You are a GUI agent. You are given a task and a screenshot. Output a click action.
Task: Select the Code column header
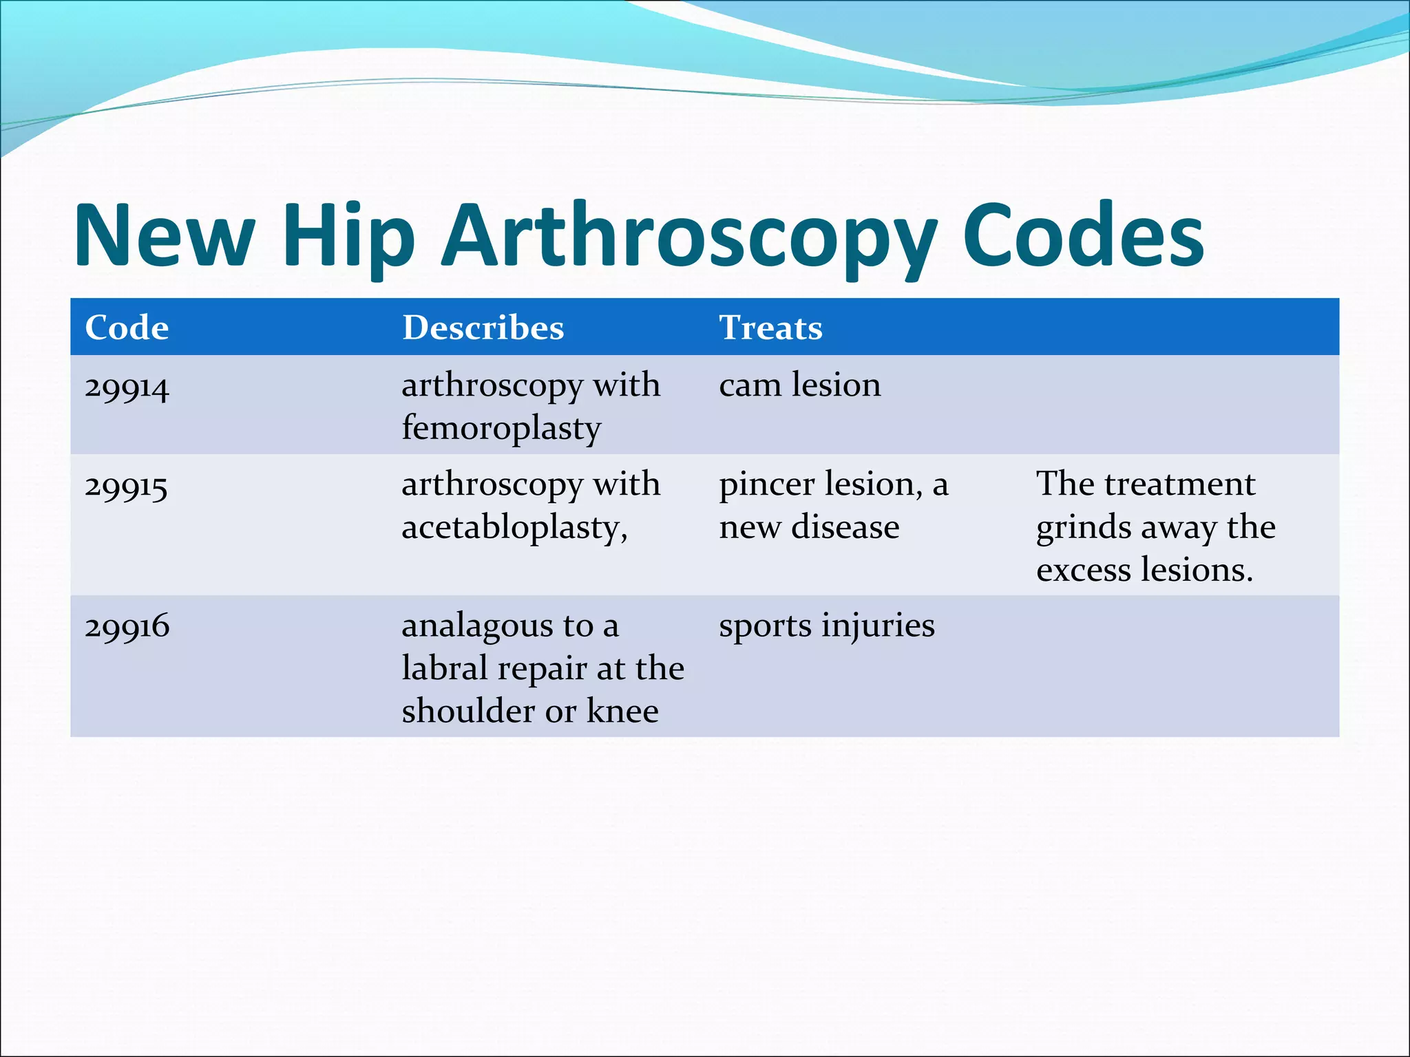pyautogui.click(x=127, y=328)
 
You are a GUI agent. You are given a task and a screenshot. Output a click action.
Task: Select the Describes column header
pyautogui.click(x=483, y=328)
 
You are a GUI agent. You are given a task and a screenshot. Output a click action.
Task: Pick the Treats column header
pyautogui.click(x=770, y=328)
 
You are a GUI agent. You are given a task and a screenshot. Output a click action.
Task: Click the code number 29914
pyautogui.click(x=127, y=387)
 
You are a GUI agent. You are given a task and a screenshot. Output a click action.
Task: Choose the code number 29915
pyautogui.click(x=127, y=487)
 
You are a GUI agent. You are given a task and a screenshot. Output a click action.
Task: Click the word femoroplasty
pyautogui.click(x=501, y=429)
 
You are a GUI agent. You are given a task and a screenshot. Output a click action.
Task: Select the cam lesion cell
pyautogui.click(x=799, y=385)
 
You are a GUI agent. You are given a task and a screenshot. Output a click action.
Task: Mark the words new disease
pyautogui.click(x=809, y=528)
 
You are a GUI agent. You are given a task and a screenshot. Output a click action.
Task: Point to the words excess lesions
pyautogui.click(x=1144, y=570)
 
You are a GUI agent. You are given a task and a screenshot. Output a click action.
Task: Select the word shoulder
pyautogui.click(x=468, y=711)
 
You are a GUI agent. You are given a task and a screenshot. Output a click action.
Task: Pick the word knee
pyautogui.click(x=622, y=711)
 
